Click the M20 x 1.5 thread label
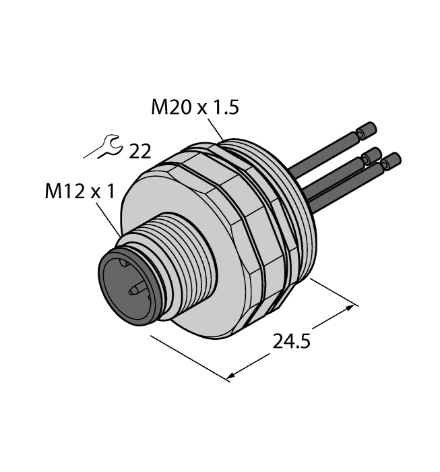195,107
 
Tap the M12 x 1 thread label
80,191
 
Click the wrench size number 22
140,152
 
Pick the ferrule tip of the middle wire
372,154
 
